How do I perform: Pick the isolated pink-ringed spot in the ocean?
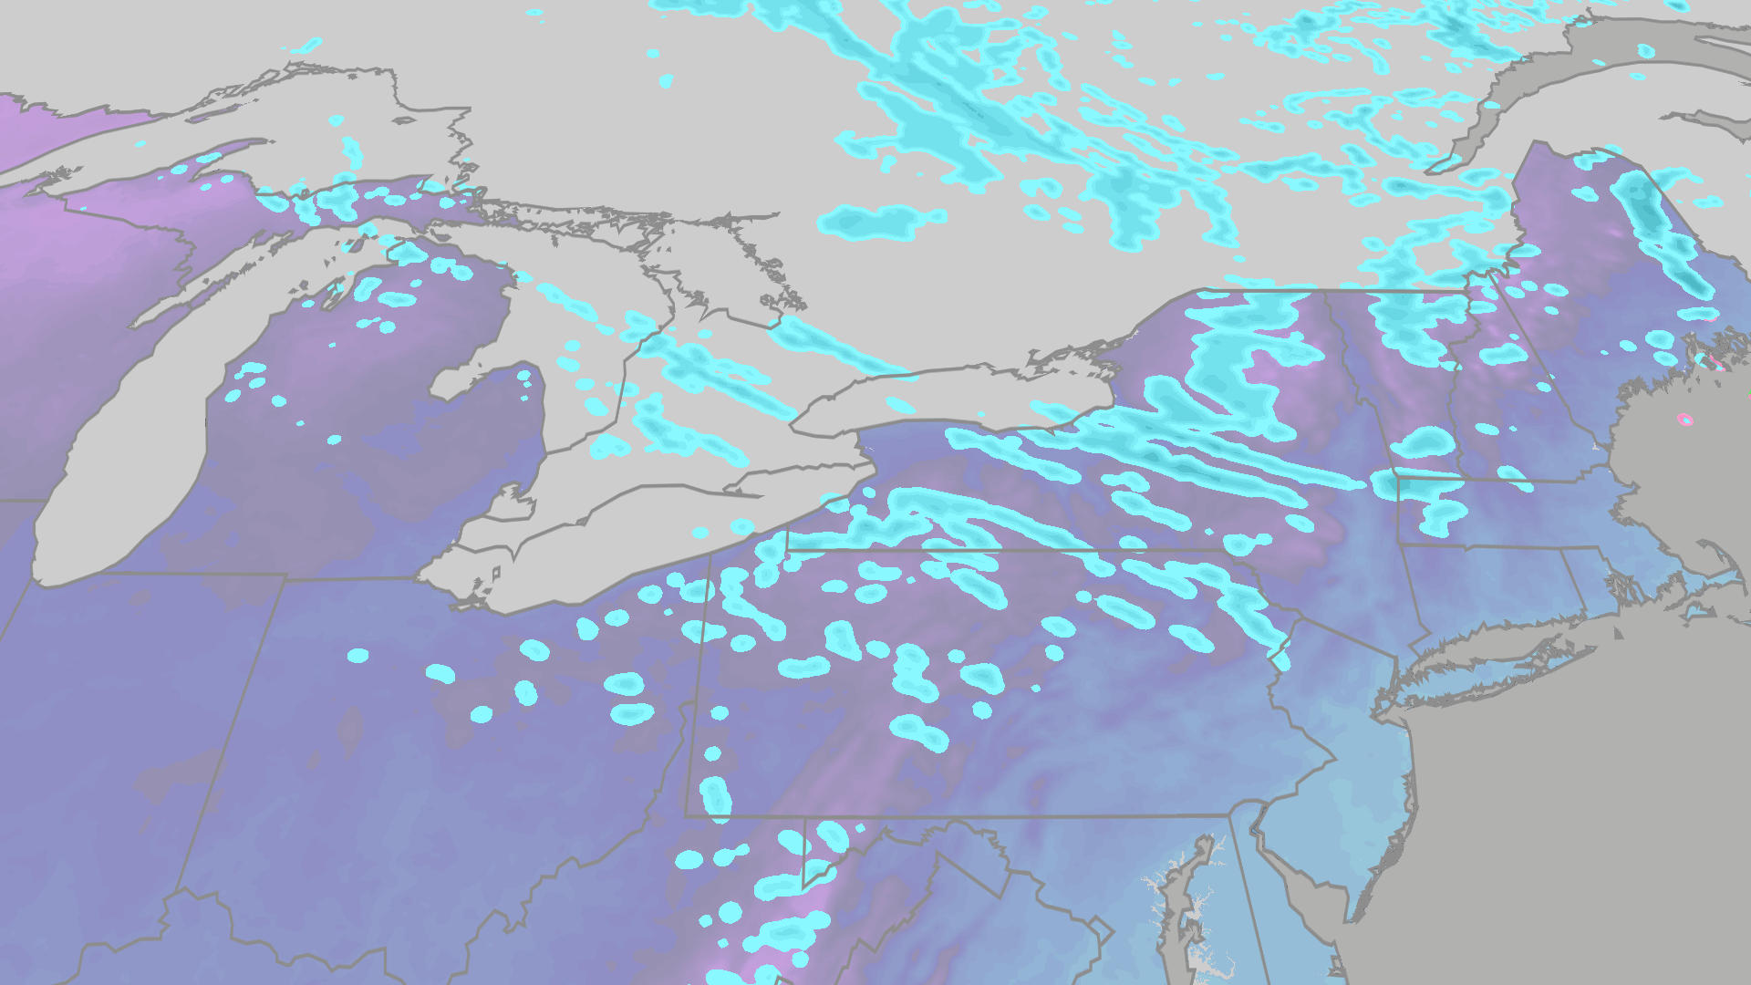tap(1684, 420)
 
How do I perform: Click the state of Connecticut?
tap(1496, 593)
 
